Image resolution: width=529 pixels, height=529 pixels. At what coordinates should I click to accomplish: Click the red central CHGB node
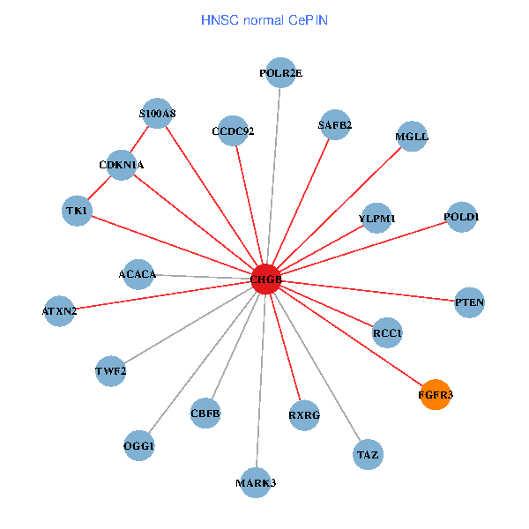click(265, 279)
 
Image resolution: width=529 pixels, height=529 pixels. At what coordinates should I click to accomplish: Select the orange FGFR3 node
click(435, 395)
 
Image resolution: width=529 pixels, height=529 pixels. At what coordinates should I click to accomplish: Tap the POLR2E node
click(280, 73)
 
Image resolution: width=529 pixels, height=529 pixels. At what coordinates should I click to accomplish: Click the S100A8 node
click(157, 113)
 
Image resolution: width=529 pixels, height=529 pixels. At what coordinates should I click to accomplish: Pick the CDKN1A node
click(121, 164)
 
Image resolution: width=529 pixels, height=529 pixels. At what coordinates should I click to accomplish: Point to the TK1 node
click(78, 211)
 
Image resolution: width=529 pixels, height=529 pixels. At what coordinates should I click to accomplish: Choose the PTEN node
click(469, 302)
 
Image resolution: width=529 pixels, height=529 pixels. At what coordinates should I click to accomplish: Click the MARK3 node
click(256, 482)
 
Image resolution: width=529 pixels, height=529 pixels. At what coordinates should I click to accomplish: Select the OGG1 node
click(138, 446)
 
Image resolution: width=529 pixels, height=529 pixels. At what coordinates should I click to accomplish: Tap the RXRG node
click(303, 414)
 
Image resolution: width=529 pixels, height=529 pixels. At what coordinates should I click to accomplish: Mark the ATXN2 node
click(59, 310)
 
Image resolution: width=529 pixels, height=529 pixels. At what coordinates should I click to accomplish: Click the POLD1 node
click(461, 217)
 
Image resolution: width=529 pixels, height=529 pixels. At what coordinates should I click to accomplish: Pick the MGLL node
click(412, 137)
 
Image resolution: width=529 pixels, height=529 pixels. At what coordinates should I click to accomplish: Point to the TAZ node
click(367, 455)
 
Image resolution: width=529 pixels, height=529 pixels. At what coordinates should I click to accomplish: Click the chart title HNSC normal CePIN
click(264, 19)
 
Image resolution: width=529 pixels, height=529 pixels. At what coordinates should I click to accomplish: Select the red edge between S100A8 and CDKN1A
click(139, 138)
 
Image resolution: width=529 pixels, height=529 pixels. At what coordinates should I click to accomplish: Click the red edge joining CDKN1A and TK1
click(100, 187)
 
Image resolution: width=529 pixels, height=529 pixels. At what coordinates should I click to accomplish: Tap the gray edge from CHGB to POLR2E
click(273, 176)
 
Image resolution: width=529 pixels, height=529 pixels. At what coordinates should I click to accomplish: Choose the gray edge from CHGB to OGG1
click(202, 362)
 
